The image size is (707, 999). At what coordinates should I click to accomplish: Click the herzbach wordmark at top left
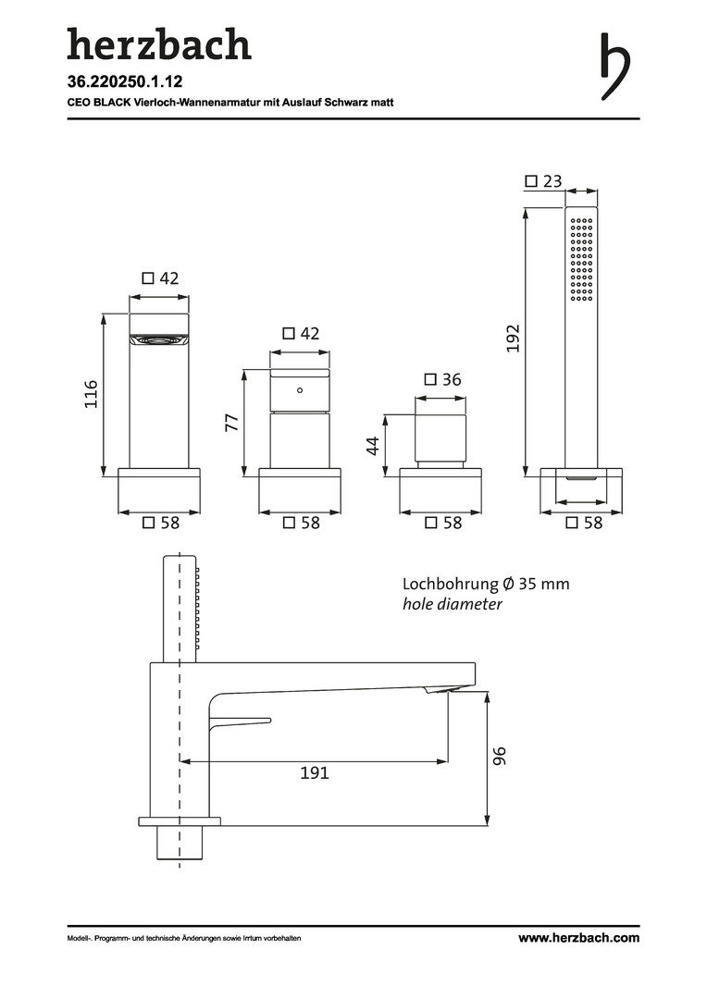point(159,44)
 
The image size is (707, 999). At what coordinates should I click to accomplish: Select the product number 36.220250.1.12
point(125,81)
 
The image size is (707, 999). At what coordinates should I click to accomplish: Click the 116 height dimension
point(92,394)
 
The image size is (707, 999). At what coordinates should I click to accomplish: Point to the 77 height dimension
point(232,423)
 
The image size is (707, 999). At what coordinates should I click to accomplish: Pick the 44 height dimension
point(373,445)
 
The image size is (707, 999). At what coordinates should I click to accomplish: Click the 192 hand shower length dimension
point(514,339)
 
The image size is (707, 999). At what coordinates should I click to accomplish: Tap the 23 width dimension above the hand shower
point(544,181)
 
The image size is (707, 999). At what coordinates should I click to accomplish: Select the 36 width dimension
point(442,380)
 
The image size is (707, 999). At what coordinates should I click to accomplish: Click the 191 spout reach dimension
point(315,772)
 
